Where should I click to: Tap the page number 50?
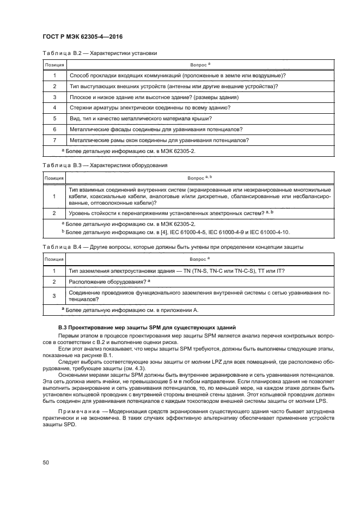46,462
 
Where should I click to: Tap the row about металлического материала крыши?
141,119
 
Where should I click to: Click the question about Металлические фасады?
156,129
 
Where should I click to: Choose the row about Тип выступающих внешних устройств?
173,86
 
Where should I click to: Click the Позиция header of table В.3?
54,178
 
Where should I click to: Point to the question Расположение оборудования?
109,282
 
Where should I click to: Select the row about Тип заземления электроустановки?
176,271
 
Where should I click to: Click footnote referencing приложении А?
130,310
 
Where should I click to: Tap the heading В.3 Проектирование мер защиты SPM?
147,327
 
